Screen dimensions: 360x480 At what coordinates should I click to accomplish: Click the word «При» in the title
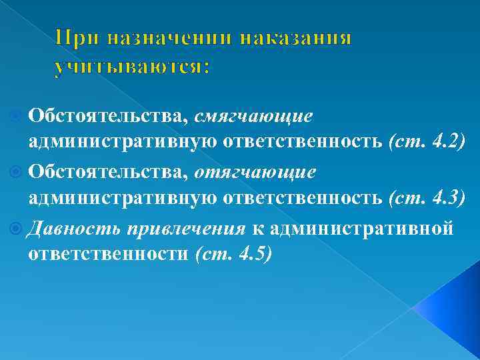[75, 38]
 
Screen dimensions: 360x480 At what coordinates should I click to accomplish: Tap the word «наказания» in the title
[294, 38]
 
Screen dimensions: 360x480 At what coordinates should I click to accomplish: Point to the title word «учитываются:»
[132, 67]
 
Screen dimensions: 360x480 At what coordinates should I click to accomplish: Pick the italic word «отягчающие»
[255, 172]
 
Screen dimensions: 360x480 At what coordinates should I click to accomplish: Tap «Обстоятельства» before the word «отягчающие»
[108, 172]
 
